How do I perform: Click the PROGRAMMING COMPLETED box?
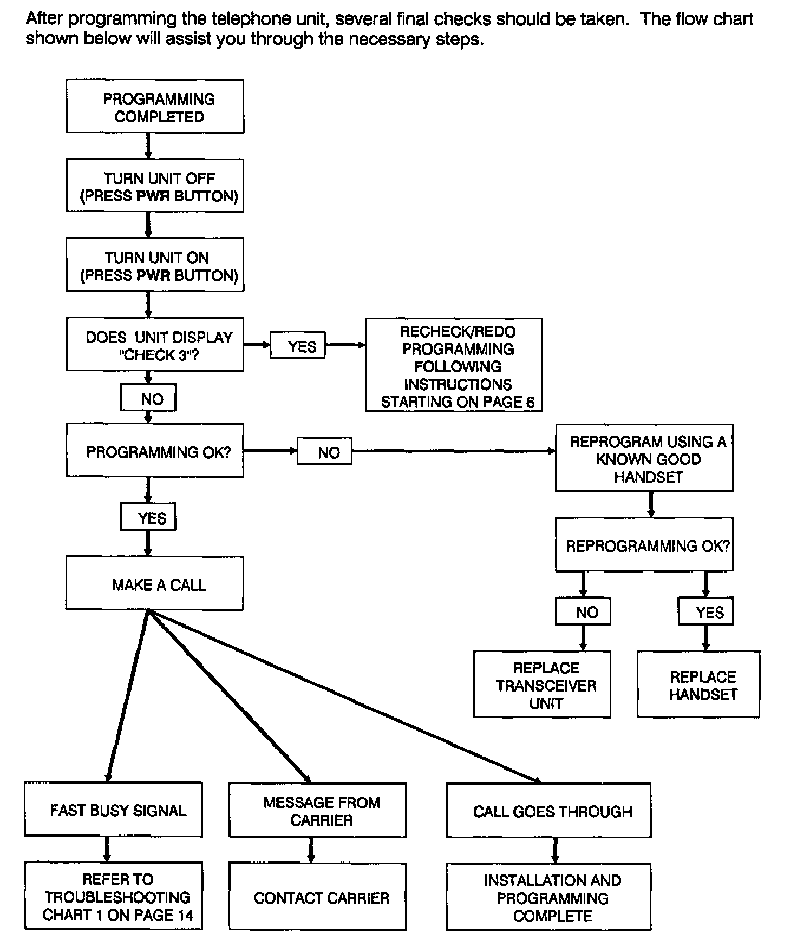155,107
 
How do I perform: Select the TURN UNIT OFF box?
155,186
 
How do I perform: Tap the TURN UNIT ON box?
155,265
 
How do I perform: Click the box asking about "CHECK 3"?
155,344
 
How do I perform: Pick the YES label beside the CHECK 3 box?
298,345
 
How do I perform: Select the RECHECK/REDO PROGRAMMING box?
454,365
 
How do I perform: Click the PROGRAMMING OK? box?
155,451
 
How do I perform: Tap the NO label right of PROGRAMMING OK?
325,451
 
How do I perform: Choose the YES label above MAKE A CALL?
148,517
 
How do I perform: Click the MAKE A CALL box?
155,584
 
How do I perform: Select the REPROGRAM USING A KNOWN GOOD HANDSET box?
644,458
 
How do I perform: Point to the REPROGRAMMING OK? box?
644,545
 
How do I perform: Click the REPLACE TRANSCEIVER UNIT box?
543,685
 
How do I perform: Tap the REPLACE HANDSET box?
699,685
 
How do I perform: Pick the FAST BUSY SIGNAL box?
114,810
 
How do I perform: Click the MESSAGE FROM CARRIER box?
318,810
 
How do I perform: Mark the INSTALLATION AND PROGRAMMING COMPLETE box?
549,897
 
